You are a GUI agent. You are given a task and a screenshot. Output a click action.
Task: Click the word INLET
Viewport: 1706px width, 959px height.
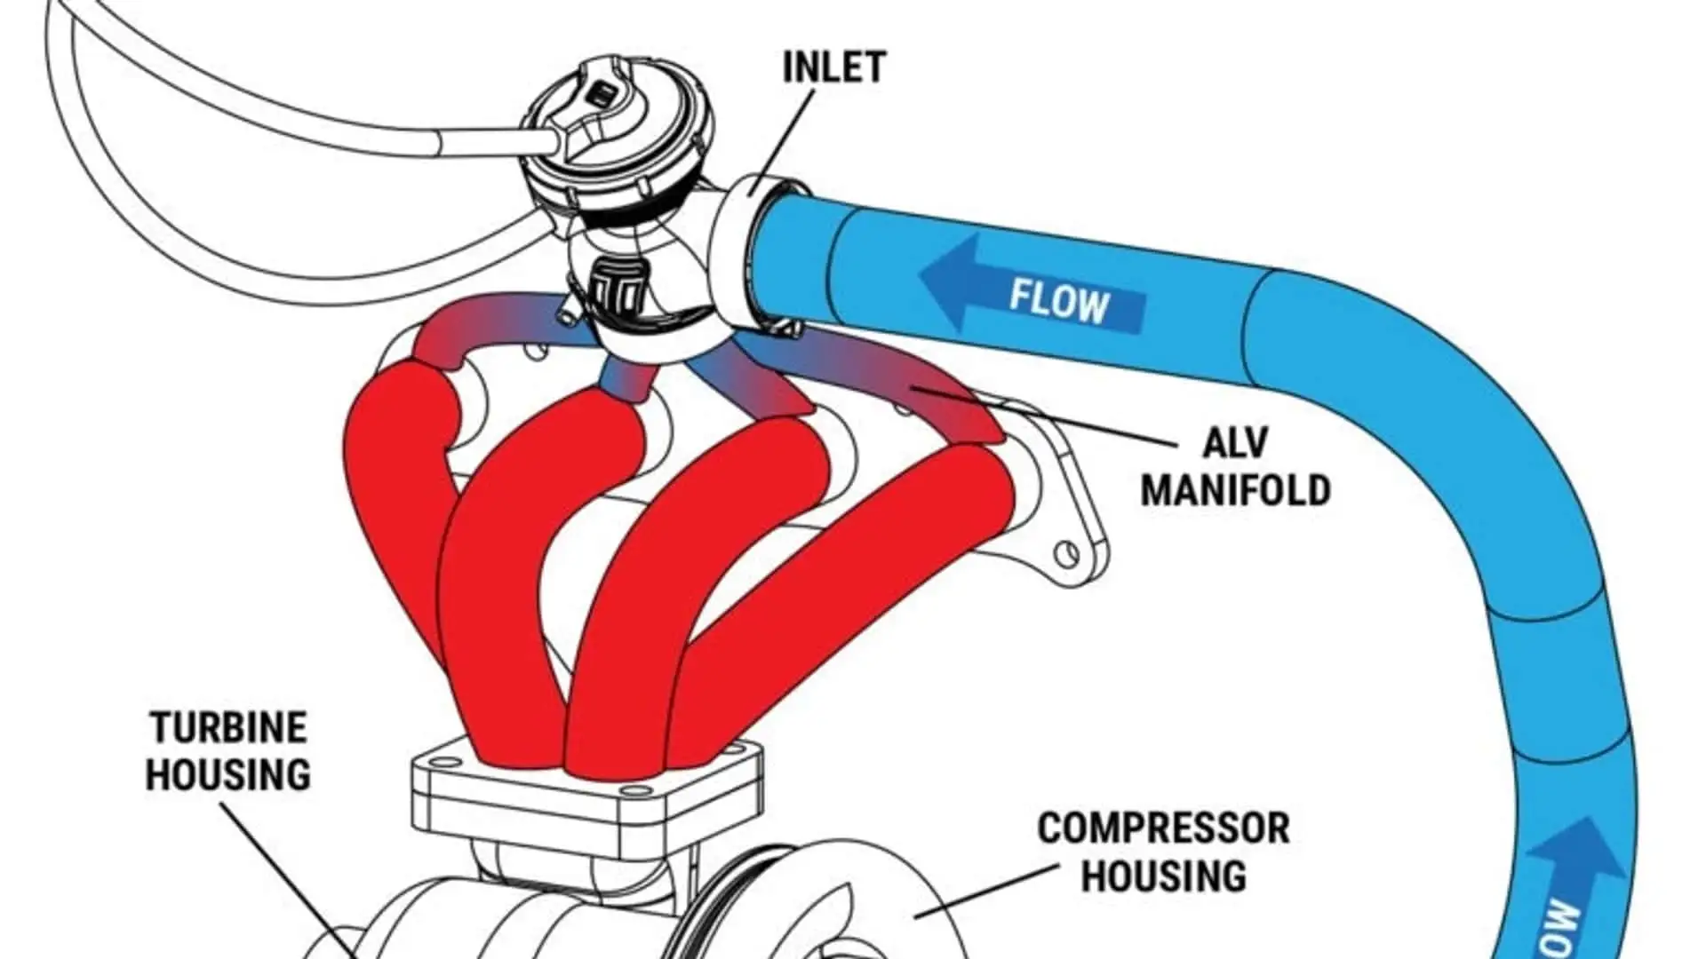833,67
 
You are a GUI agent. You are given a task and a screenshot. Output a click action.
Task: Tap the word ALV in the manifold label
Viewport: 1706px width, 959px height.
1235,443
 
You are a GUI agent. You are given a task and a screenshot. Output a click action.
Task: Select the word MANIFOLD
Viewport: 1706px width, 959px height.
1235,490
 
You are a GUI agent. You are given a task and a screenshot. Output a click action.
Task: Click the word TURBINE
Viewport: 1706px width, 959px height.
228,728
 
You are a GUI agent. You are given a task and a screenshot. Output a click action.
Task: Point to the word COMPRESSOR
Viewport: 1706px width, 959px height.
1163,828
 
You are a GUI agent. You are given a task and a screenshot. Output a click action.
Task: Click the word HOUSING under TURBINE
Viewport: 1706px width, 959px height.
228,774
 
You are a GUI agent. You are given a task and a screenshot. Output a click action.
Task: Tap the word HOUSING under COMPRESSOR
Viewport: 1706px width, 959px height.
1163,876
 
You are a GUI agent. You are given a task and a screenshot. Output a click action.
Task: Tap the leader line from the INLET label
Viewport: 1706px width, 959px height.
786,133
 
